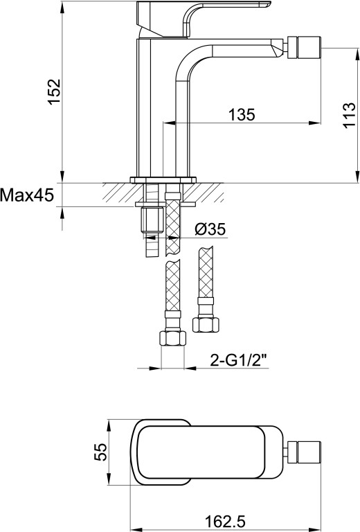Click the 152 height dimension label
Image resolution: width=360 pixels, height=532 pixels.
click(x=54, y=92)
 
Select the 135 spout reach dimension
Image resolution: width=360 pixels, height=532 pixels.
click(x=242, y=114)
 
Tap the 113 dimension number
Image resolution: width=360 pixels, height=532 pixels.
click(x=349, y=116)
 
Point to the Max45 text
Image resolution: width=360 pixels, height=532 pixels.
click(x=27, y=195)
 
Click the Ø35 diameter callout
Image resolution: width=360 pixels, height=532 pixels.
click(x=210, y=229)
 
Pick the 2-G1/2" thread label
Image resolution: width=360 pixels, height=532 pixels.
click(x=240, y=360)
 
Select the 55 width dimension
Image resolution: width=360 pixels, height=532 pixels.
click(x=100, y=452)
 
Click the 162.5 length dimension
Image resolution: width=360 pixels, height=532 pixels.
click(x=226, y=522)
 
